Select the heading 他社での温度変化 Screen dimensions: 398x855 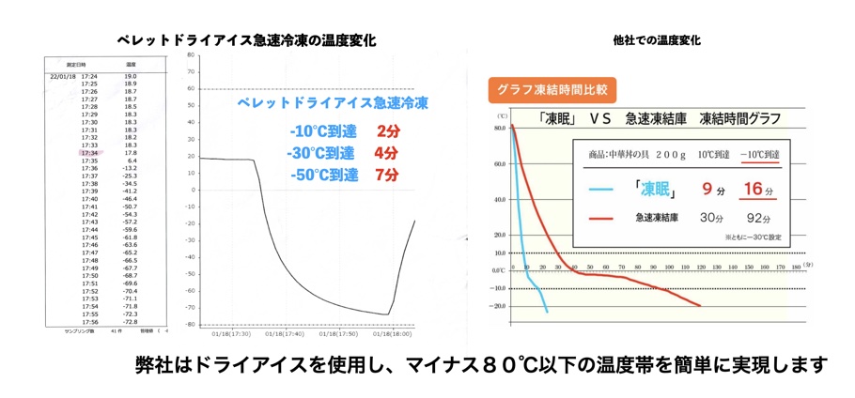click(655, 40)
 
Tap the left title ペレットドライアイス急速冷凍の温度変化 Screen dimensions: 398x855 click(246, 40)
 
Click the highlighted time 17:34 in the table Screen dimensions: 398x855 click(90, 152)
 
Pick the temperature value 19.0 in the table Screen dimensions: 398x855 click(130, 75)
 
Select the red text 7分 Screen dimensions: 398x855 click(387, 175)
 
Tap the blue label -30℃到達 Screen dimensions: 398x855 click(322, 153)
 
